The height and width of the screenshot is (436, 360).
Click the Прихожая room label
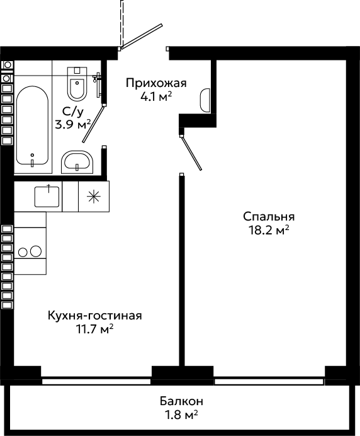coord(156,83)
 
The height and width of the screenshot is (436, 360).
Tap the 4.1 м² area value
coord(156,97)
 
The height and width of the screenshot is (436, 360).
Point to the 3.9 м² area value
coord(73,124)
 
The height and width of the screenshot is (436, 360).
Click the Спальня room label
coord(269,217)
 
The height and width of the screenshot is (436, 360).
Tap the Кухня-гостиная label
coord(95,316)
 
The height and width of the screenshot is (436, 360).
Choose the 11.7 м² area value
coord(95,330)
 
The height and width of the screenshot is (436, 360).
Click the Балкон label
coord(181,401)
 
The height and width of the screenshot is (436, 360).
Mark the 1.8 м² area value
coord(181,415)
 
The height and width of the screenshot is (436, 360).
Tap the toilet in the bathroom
coord(77,83)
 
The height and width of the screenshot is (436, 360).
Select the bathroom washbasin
coord(77,162)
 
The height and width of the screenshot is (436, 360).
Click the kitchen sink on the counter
coord(47,197)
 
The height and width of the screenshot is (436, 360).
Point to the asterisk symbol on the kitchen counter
coord(94,197)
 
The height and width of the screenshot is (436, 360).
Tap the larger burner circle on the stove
coord(36,251)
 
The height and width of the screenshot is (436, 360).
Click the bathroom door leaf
coord(93,123)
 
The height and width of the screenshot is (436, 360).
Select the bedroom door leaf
coord(191,152)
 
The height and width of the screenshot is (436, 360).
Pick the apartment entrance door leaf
coord(142,37)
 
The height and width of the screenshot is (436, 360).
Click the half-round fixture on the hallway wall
coord(205,100)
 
